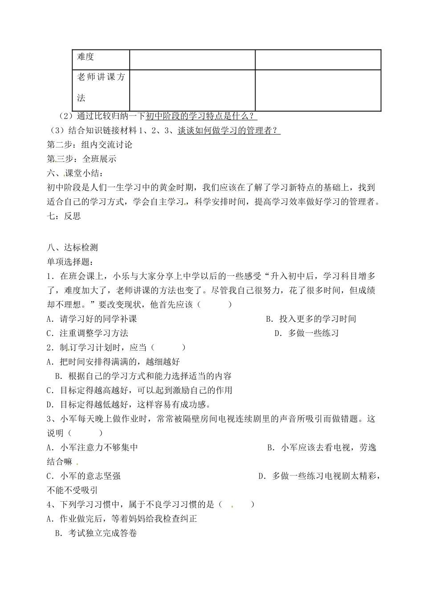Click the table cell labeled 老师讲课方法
click(x=101, y=88)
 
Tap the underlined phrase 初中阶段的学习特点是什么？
click(x=202, y=116)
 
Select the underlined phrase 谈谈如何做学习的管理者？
click(x=229, y=131)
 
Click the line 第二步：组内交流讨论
click(x=89, y=145)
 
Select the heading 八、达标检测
click(x=72, y=248)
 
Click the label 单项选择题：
click(x=70, y=262)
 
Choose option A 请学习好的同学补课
click(x=92, y=319)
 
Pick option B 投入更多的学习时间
click(x=311, y=319)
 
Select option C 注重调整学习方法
click(x=87, y=333)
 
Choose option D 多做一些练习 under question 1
click(x=306, y=333)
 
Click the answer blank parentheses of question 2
click(x=168, y=348)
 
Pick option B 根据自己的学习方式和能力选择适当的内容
click(x=143, y=376)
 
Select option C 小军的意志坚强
click(x=84, y=476)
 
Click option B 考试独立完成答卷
click(x=96, y=533)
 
